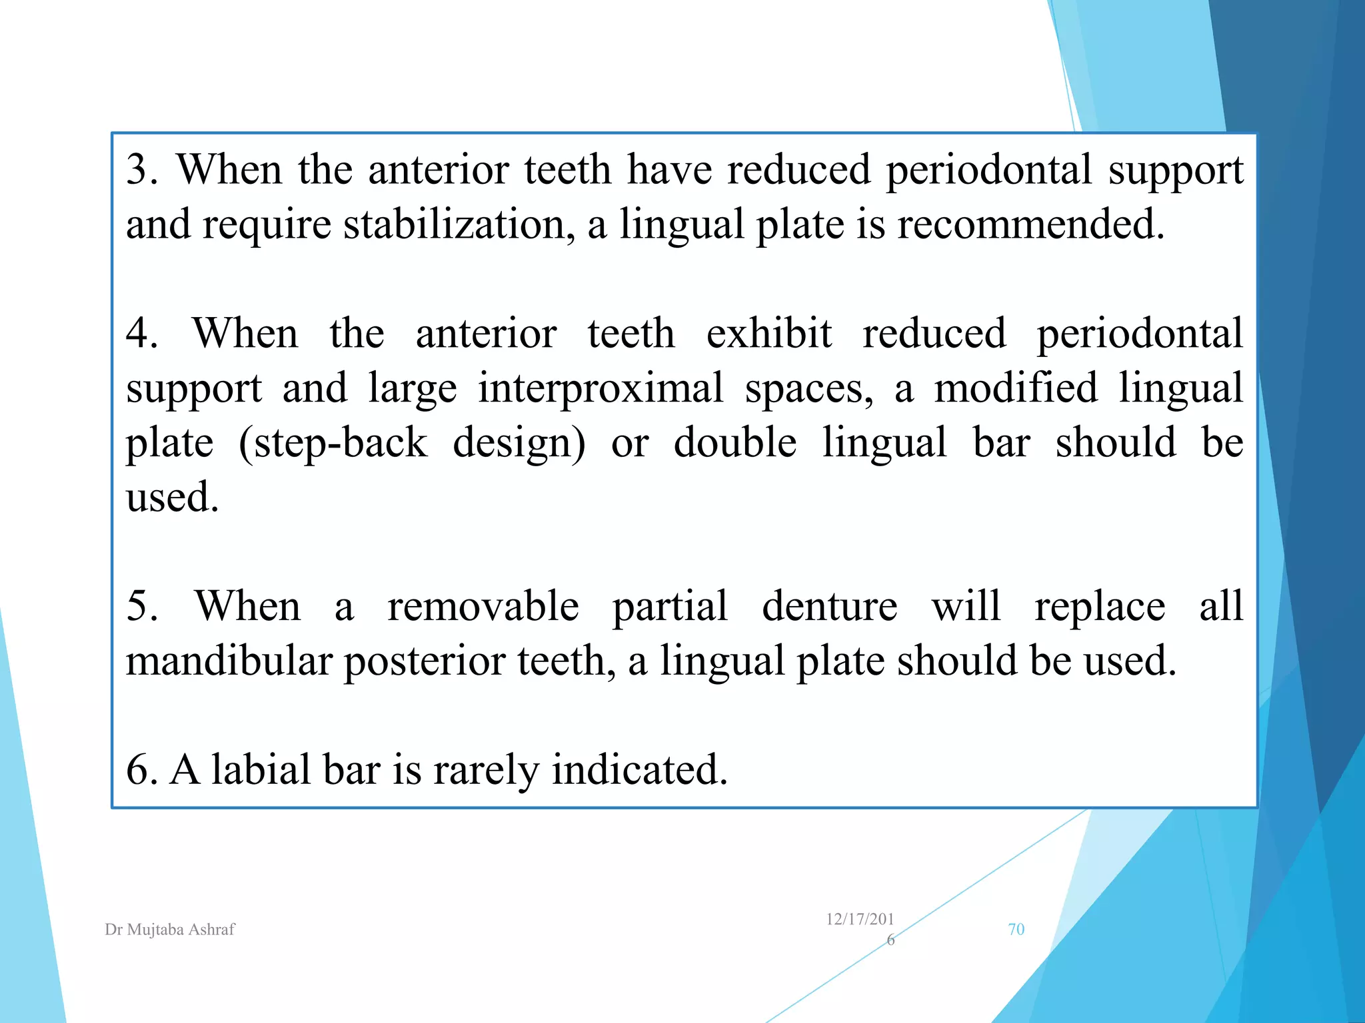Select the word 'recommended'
point(1030,224)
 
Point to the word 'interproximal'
point(600,389)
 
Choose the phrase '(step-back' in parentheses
point(333,444)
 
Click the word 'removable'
point(483,607)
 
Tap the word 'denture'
point(829,607)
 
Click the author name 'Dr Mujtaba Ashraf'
point(170,930)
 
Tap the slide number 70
point(1016,930)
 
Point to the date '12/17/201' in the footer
point(860,920)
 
